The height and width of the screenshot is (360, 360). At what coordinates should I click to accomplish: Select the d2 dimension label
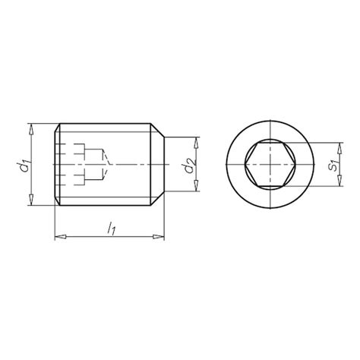pyautogui.click(x=189, y=165)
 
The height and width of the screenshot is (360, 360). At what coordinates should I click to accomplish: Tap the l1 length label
pyautogui.click(x=110, y=227)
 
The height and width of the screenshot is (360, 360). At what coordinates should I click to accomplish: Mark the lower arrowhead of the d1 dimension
pyautogui.click(x=31, y=201)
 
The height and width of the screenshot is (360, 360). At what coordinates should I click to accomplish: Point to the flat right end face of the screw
pyautogui.click(x=164, y=165)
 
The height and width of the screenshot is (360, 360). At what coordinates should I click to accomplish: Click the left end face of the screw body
pyautogui.click(x=56, y=165)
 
